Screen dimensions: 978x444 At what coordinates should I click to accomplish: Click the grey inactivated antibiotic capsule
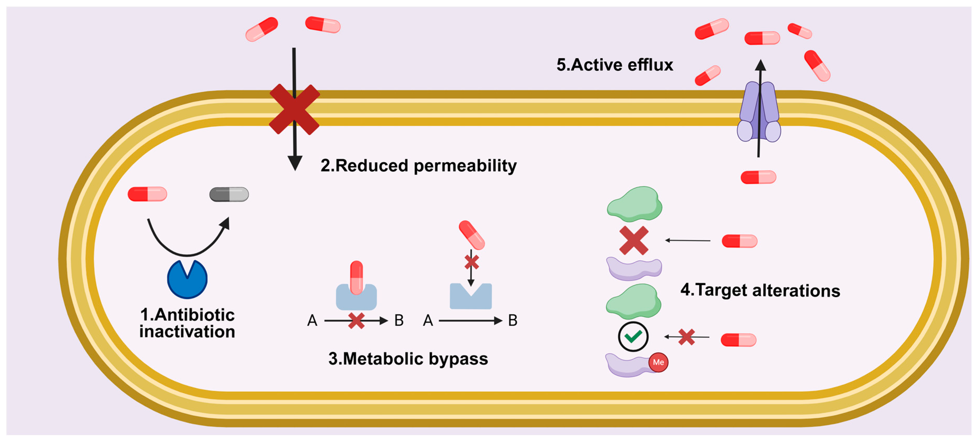229,194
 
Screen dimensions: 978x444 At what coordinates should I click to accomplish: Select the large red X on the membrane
294,109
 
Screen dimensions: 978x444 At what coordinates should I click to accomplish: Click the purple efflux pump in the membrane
759,112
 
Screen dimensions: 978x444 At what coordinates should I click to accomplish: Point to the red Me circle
658,362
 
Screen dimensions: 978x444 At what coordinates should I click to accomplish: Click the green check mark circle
633,336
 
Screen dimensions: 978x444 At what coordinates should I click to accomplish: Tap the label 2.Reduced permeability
418,166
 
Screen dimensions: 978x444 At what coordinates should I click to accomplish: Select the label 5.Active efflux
615,65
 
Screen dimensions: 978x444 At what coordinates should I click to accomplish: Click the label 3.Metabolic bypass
408,359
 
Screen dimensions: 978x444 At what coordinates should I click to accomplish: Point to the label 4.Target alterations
760,290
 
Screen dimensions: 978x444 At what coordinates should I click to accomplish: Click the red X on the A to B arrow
356,321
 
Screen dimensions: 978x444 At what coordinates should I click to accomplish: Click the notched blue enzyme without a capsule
471,296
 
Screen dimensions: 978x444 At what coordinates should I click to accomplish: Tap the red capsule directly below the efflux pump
758,177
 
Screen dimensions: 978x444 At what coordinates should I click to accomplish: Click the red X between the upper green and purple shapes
634,241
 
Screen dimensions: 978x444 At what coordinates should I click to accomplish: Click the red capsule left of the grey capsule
147,194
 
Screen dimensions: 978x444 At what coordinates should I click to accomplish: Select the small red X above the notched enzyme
472,262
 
